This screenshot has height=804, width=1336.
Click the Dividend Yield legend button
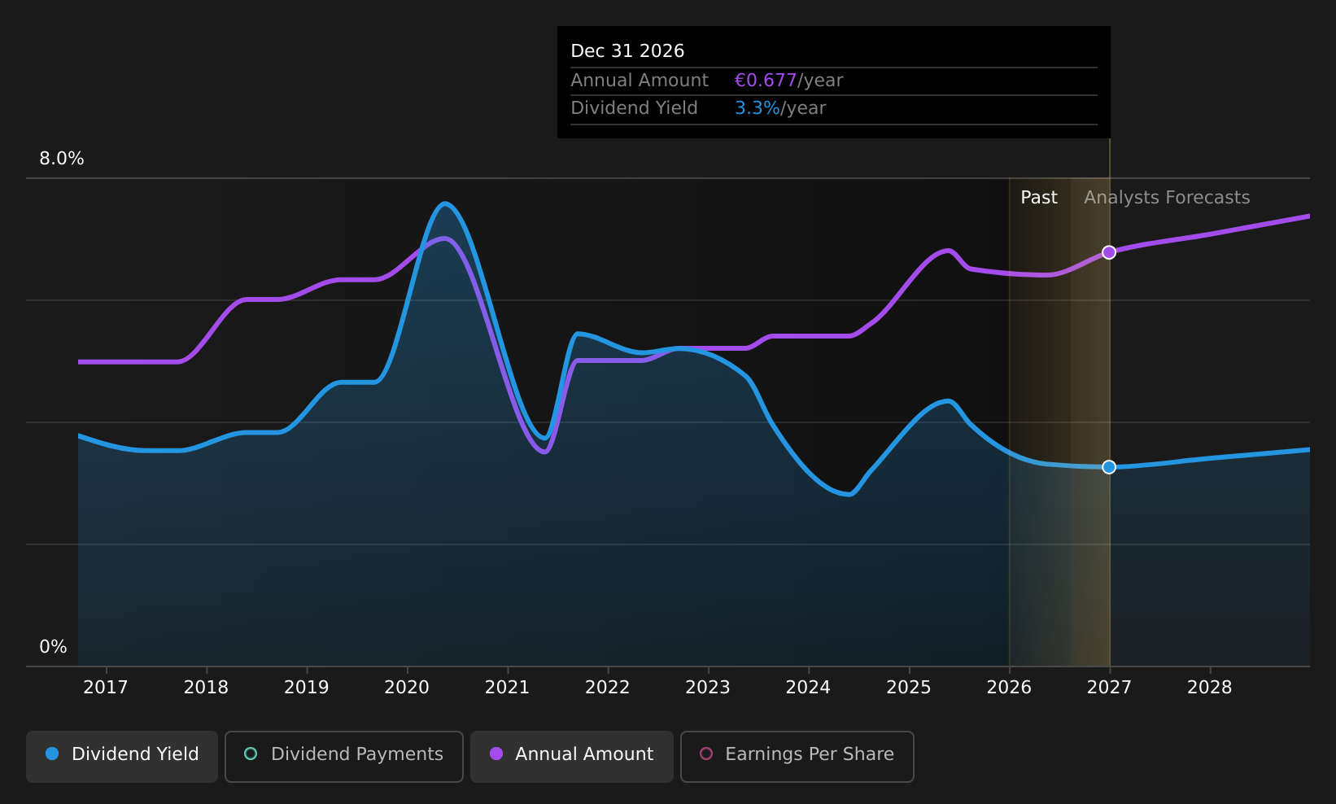pyautogui.click(x=122, y=756)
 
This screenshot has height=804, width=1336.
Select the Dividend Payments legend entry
pyautogui.click(x=344, y=756)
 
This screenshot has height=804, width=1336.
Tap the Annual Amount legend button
pyautogui.click(x=571, y=756)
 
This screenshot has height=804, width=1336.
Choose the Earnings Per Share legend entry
pyautogui.click(x=797, y=756)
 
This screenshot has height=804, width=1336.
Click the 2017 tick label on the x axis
pyautogui.click(x=106, y=688)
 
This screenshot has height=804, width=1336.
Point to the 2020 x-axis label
pyautogui.click(x=407, y=688)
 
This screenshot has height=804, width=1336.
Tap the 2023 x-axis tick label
pyautogui.click(x=708, y=688)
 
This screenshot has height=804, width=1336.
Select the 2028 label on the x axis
pyautogui.click(x=1210, y=688)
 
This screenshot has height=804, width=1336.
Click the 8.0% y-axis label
pyautogui.click(x=62, y=159)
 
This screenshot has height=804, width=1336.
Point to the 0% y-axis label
pyautogui.click(x=53, y=647)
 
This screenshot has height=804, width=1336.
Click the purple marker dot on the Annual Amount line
pyautogui.click(x=1109, y=252)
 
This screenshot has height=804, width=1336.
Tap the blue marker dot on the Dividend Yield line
pyautogui.click(x=1109, y=467)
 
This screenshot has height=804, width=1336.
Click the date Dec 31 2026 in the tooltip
pyautogui.click(x=627, y=51)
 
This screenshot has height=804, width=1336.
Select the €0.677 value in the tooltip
pyautogui.click(x=766, y=81)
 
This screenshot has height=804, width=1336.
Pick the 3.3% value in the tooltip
pyautogui.click(x=758, y=108)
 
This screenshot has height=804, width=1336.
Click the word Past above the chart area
pyautogui.click(x=1039, y=198)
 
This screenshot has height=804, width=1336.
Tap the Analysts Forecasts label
pyautogui.click(x=1167, y=198)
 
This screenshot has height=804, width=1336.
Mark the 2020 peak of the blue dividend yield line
pyautogui.click(x=444, y=203)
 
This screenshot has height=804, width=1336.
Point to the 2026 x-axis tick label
pyautogui.click(x=1009, y=688)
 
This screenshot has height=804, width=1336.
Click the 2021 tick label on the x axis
pyautogui.click(x=507, y=688)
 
